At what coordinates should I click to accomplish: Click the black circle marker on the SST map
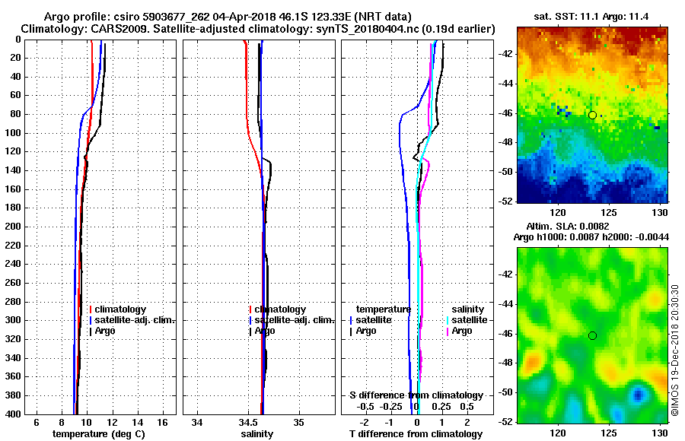[592, 115]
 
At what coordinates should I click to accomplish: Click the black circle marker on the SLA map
[592, 335]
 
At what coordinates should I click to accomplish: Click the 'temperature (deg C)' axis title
[98, 434]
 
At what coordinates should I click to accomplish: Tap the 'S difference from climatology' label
[416, 395]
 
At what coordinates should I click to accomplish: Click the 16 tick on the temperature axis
[162, 421]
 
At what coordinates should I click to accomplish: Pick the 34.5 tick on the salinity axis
[248, 421]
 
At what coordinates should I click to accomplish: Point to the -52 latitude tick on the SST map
[505, 201]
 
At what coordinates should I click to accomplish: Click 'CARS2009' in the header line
[104, 28]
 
